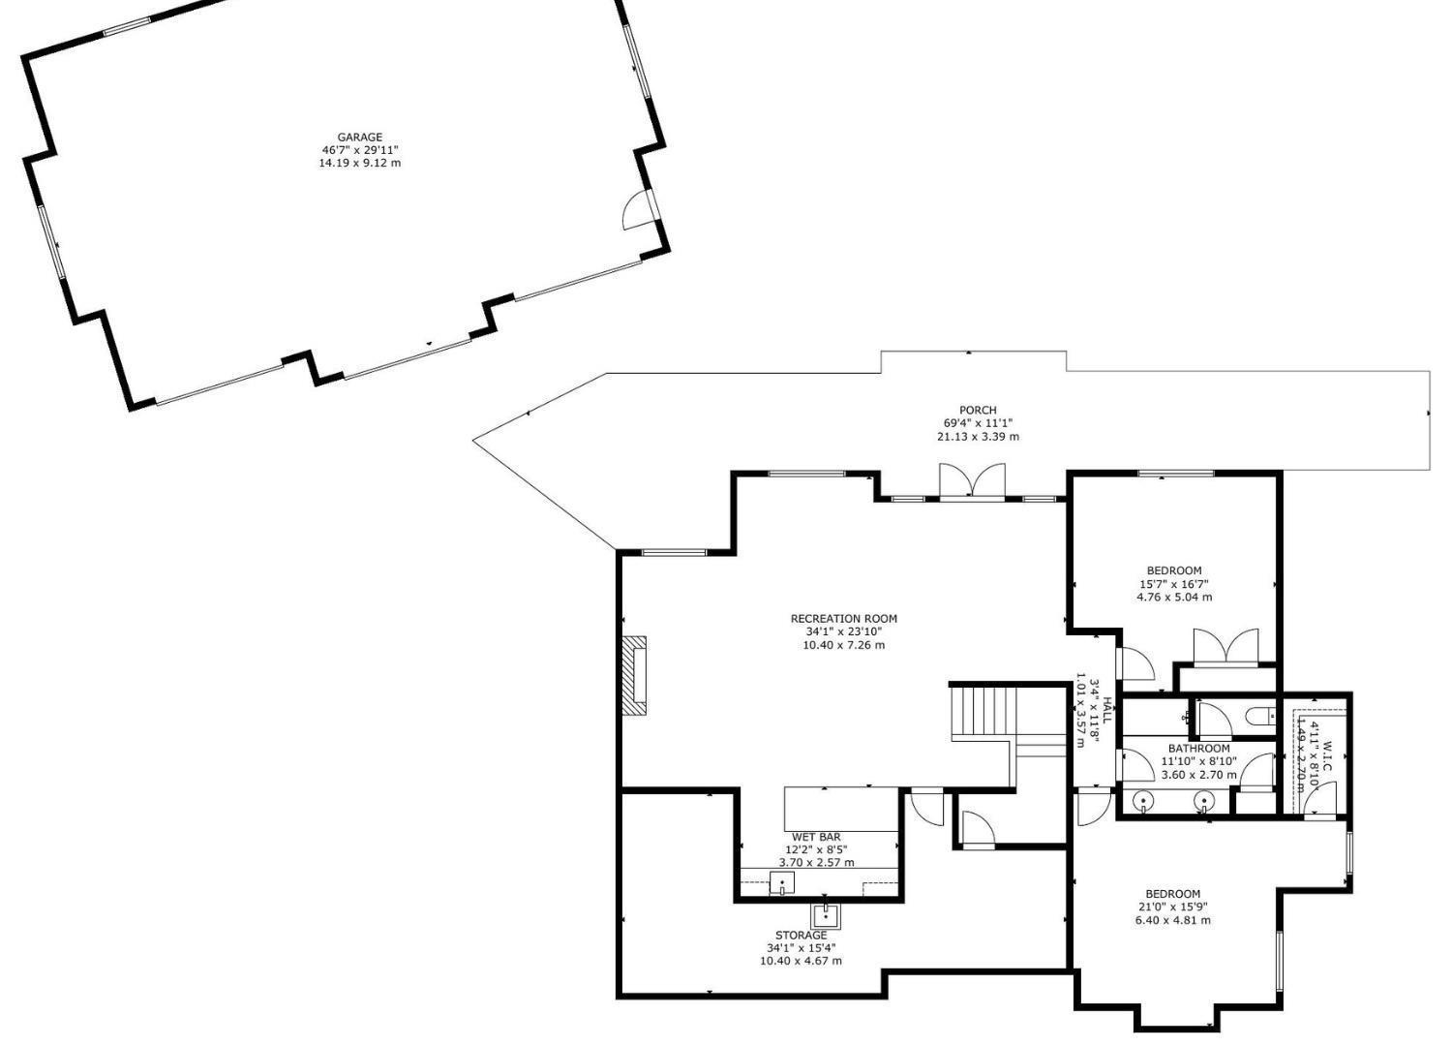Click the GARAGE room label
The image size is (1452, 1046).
pos(359,138)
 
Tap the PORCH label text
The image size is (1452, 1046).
pos(978,411)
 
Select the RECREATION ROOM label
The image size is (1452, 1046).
pos(843,619)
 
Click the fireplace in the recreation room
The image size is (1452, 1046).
pos(634,675)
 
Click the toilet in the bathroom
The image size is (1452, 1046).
pos(1261,718)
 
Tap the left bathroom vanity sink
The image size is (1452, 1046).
pos(1143,801)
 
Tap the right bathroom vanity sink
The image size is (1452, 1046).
pos(1203,801)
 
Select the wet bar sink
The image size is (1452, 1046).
pos(781,883)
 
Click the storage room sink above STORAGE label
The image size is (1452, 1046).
pos(825,914)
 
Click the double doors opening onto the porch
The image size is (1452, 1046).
pos(972,482)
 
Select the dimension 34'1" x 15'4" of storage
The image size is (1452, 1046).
pos(801,948)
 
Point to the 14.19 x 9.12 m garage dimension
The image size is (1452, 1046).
pos(359,163)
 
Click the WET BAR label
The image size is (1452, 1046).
pos(816,837)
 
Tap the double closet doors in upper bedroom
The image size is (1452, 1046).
pos(1225,647)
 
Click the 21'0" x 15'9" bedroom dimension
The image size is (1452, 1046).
pos(1172,908)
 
